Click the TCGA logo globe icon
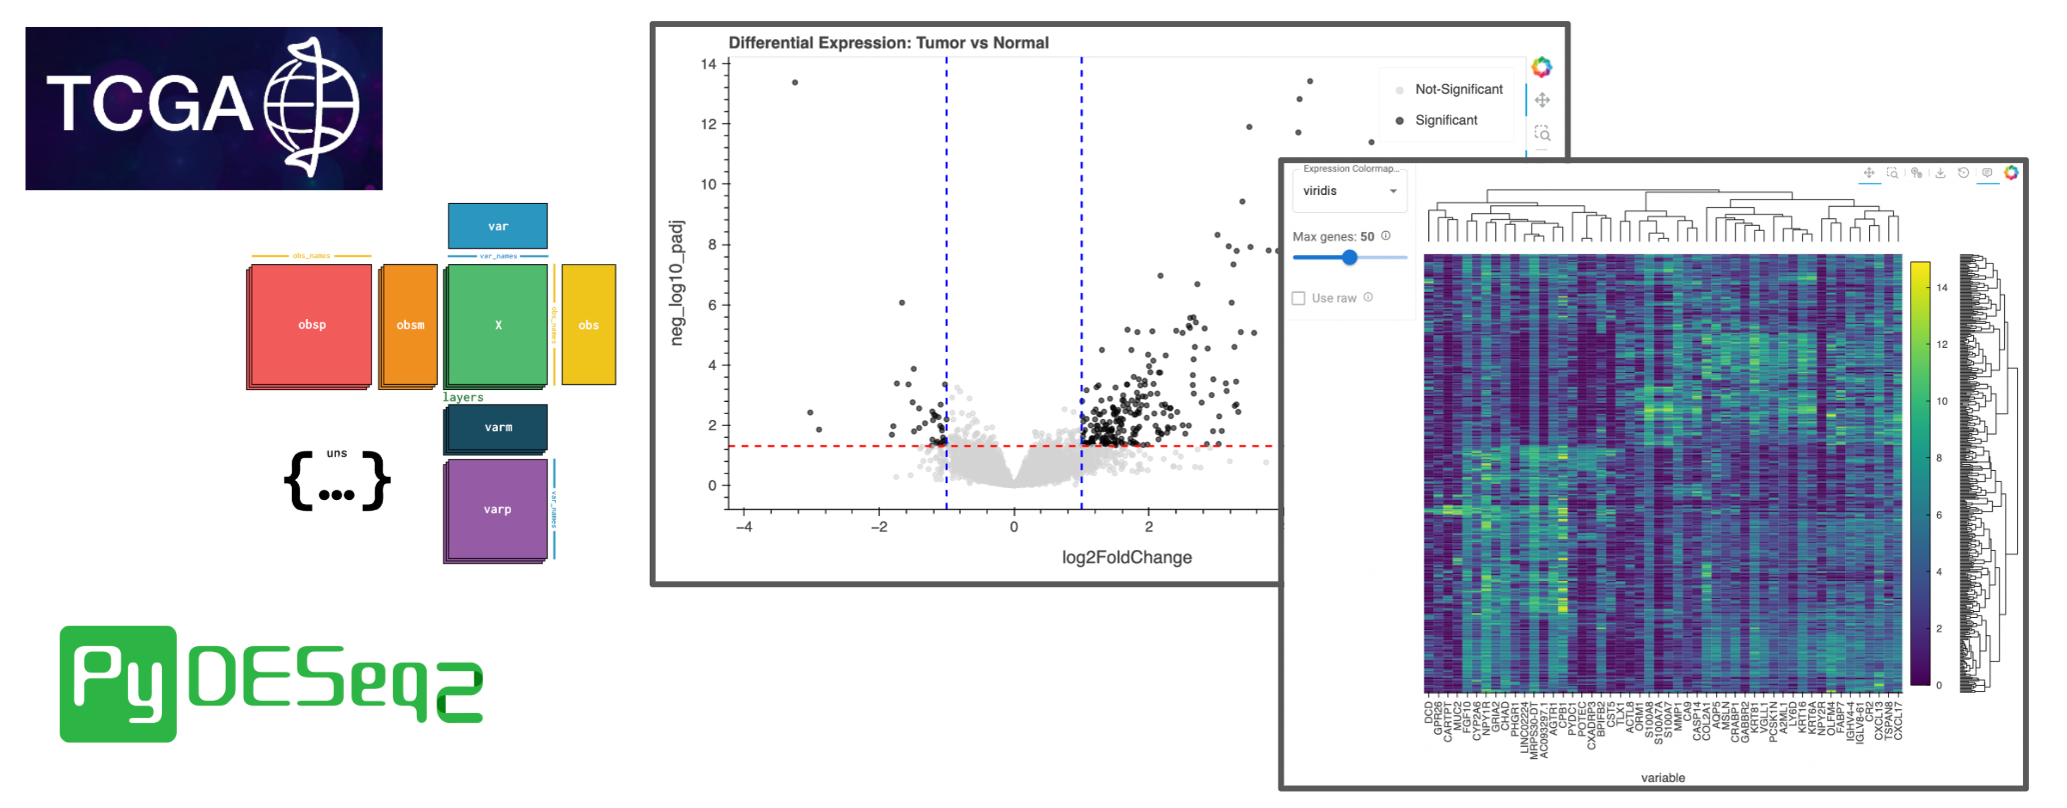click(x=312, y=106)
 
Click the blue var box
click(x=498, y=226)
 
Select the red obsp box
click(x=311, y=324)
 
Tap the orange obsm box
click(x=410, y=324)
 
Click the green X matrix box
click(x=498, y=324)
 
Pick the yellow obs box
click(x=589, y=324)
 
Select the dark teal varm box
click(x=497, y=427)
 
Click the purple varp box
click(x=497, y=509)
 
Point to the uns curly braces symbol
click(x=337, y=481)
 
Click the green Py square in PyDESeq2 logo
click(x=118, y=684)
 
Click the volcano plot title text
click(x=888, y=43)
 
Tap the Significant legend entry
click(x=1445, y=120)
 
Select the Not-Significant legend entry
click(x=1457, y=89)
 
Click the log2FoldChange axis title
click(x=1126, y=557)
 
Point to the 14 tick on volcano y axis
click(x=708, y=64)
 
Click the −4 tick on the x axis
click(x=744, y=527)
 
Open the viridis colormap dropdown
click(x=1349, y=191)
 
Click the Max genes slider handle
click(x=1349, y=257)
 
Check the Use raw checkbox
click(x=1298, y=298)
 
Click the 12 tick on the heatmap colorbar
click(x=1942, y=344)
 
